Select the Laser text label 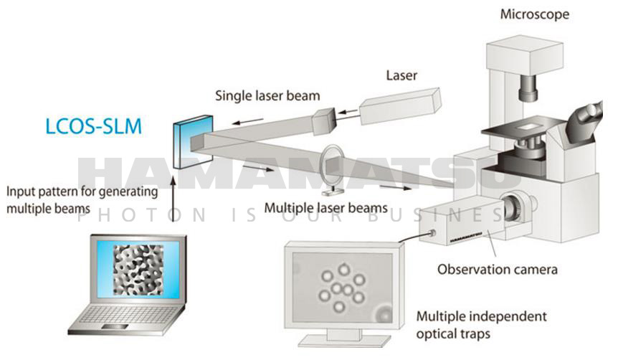tap(401, 75)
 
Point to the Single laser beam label tap(269, 95)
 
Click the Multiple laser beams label tap(325, 208)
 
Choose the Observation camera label tap(498, 270)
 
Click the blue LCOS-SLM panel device tap(183, 140)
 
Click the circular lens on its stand tap(332, 164)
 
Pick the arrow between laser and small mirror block tap(346, 111)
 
